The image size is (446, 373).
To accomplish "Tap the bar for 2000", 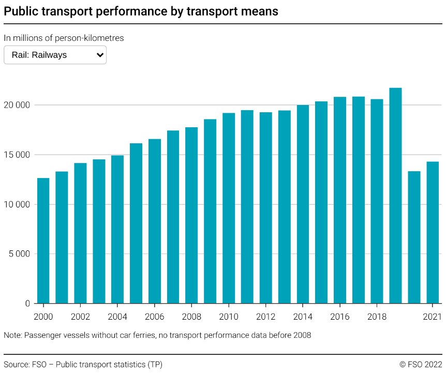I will click(x=43, y=241).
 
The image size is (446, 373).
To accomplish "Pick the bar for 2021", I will click(x=433, y=232).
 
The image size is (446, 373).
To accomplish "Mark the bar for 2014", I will click(x=303, y=204).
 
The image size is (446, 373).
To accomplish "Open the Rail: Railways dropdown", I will click(x=55, y=55).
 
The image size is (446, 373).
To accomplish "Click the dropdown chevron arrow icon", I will click(x=100, y=55).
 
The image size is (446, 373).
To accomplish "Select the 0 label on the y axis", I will click(x=27, y=304).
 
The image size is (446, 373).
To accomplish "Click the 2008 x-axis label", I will click(x=191, y=317).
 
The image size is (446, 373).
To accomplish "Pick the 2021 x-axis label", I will click(x=433, y=317).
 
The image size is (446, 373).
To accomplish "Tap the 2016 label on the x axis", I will click(x=340, y=317).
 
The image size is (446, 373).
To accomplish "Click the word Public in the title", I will click(x=22, y=11).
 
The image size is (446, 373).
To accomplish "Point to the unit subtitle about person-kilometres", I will click(x=64, y=38).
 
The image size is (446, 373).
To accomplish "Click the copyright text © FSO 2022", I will click(x=420, y=364).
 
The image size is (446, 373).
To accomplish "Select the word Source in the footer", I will click(x=16, y=364).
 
